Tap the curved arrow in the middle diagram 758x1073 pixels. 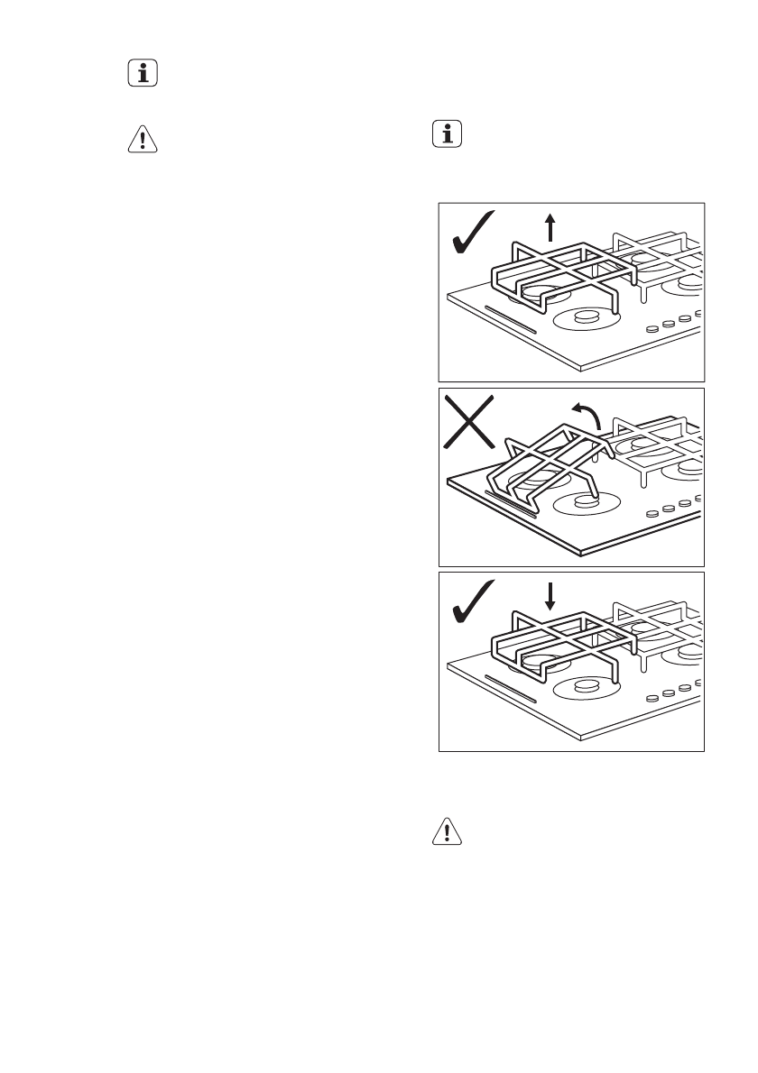click(x=587, y=417)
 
